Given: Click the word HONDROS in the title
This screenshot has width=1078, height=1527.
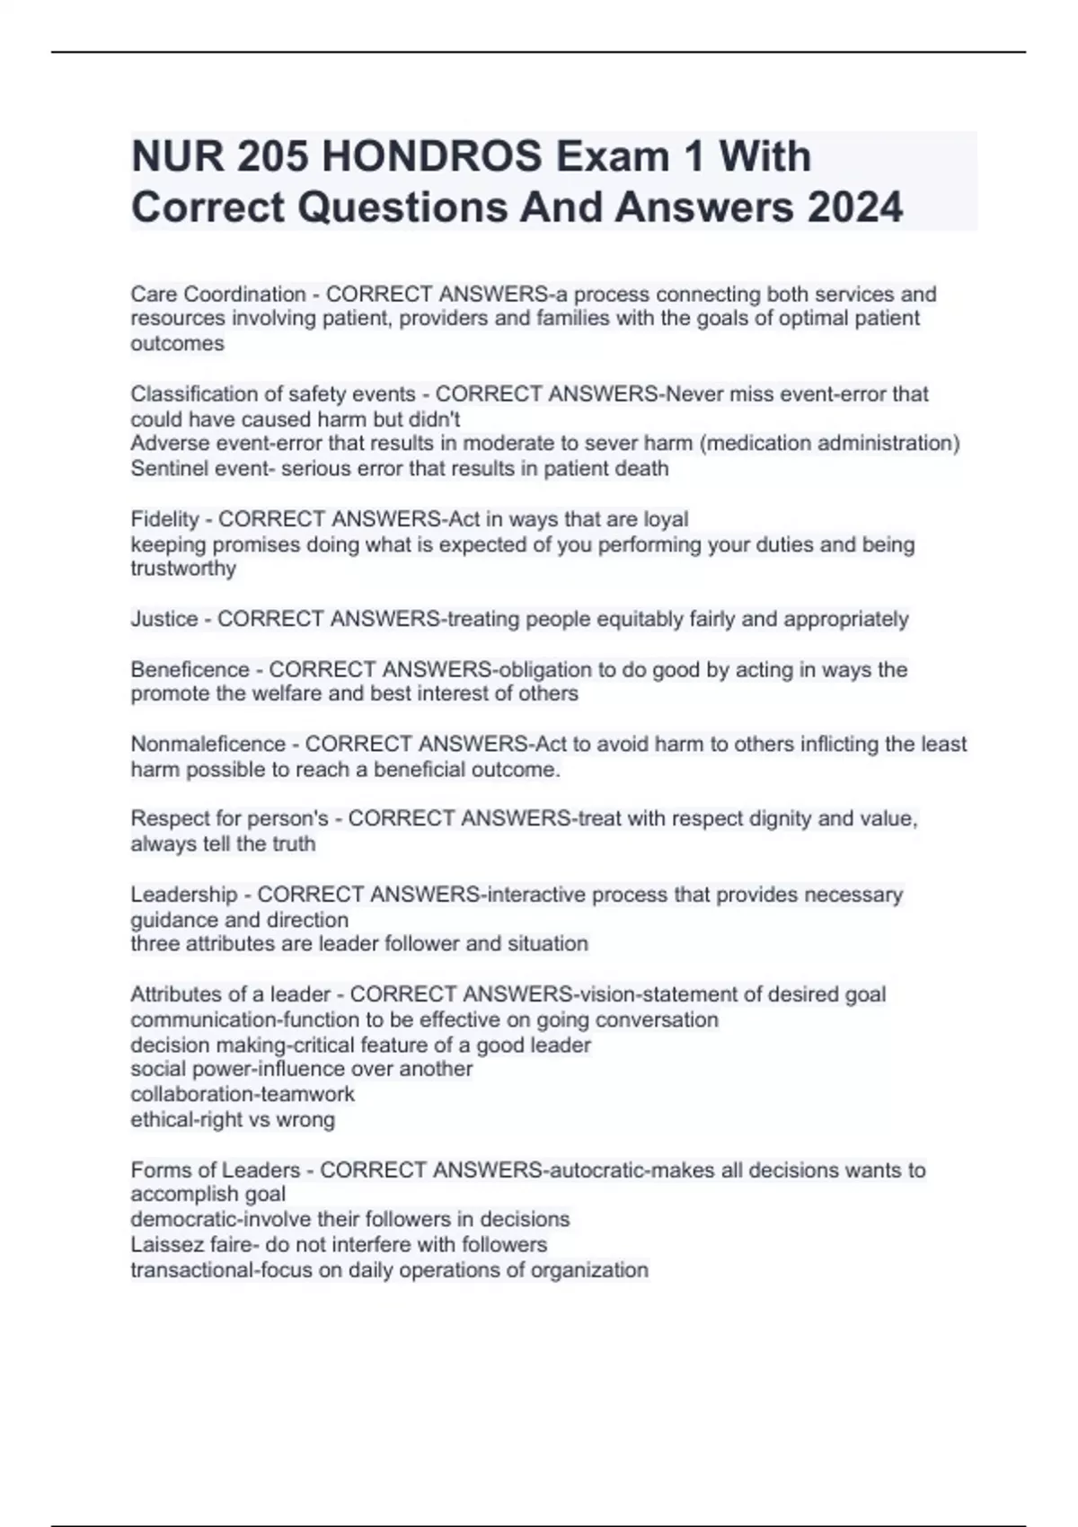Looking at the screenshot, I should (x=431, y=157).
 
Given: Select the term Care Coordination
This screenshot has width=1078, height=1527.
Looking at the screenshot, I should (x=218, y=295).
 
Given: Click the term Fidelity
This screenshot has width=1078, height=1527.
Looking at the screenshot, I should (x=164, y=519).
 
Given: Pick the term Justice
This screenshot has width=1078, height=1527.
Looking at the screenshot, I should (x=164, y=619).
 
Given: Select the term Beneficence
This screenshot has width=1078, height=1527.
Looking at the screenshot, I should (x=190, y=670).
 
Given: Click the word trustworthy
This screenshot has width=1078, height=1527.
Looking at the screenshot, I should (x=183, y=569).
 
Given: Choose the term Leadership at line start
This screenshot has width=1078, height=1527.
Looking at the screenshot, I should (x=184, y=895).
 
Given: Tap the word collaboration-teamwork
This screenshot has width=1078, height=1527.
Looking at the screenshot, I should (x=243, y=1094).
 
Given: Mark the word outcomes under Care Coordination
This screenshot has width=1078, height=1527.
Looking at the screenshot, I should (x=177, y=344).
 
